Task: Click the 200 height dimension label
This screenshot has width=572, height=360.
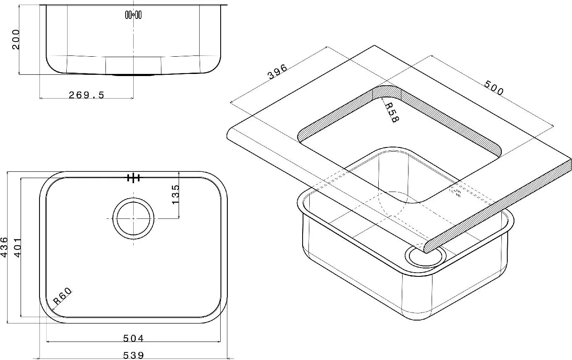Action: [16, 39]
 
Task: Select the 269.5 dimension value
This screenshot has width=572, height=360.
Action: [87, 95]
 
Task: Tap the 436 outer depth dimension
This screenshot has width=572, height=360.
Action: [4, 247]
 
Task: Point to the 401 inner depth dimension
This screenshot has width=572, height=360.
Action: [17, 248]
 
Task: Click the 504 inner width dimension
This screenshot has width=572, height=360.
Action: [133, 338]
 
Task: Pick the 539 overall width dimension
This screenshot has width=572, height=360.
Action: [133, 355]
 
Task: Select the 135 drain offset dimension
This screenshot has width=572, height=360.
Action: [176, 194]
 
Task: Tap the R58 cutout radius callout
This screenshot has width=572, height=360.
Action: [392, 113]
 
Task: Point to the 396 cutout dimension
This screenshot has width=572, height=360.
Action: [277, 72]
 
